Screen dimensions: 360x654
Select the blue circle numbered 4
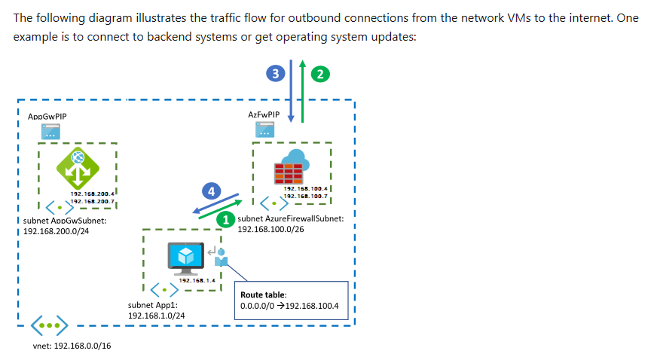click(213, 190)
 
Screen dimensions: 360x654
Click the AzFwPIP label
click(264, 114)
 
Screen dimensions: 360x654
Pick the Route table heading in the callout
click(262, 294)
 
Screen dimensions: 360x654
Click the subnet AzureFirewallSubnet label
click(290, 218)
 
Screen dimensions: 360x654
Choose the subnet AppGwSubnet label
click(66, 221)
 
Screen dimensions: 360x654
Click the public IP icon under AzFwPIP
click(264, 130)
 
